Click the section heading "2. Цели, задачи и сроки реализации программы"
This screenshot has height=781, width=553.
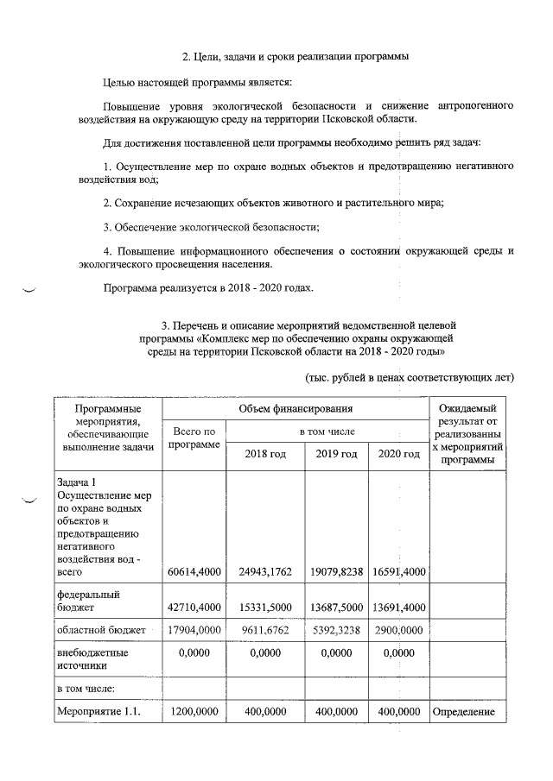coord(295,57)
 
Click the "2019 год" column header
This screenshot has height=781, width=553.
coord(337,454)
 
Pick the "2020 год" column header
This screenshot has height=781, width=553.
coord(399,454)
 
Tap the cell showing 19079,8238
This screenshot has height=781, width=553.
coord(337,571)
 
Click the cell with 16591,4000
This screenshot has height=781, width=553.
coord(399,571)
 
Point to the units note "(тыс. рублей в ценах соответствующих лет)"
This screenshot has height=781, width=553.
coord(410,377)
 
